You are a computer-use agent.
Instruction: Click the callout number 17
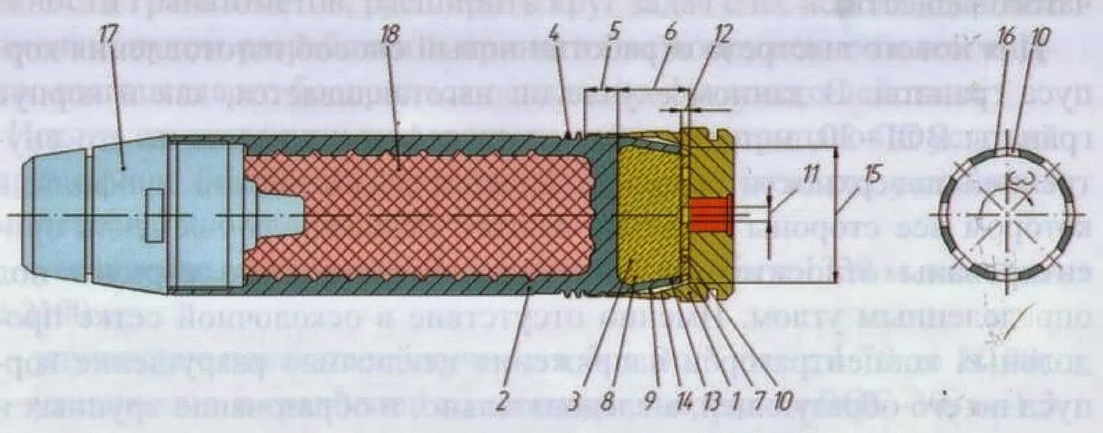[x=108, y=36]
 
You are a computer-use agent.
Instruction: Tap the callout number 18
[x=390, y=36]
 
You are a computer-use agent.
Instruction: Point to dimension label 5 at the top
[x=614, y=32]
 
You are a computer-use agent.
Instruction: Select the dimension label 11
[x=811, y=174]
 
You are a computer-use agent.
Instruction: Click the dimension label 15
[x=873, y=175]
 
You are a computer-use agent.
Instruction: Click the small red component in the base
[x=710, y=214]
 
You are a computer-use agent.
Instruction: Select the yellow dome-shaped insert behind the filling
[x=648, y=214]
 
